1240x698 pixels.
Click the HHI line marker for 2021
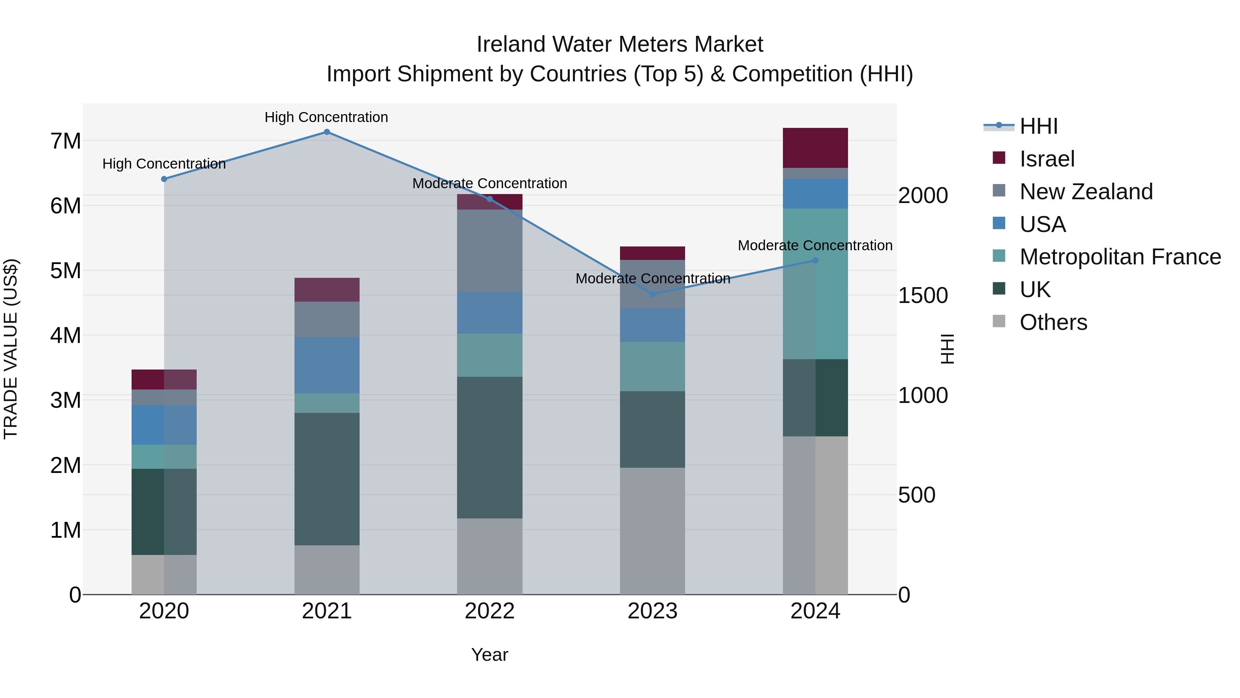point(327,132)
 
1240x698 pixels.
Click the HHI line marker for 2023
point(652,294)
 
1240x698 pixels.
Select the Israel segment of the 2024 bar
point(815,148)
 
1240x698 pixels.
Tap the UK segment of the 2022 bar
point(489,447)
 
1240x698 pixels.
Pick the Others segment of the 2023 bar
point(652,530)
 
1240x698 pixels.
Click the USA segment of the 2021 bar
point(327,365)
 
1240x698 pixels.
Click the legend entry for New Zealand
point(1086,192)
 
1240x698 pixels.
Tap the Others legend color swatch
point(999,321)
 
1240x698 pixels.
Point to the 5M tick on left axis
point(65,271)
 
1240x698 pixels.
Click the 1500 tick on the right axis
point(923,295)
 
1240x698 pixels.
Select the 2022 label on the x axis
point(489,611)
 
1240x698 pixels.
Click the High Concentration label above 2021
point(327,117)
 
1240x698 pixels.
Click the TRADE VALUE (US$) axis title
point(11,349)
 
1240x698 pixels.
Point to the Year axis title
point(489,655)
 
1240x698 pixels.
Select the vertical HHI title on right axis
point(947,349)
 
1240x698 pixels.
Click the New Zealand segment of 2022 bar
point(489,251)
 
